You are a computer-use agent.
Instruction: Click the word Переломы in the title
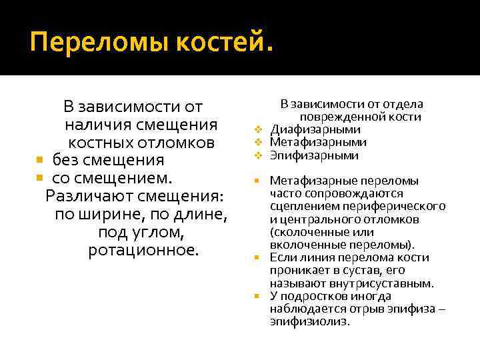tap(86, 45)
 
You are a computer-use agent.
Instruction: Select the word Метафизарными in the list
tap(318, 142)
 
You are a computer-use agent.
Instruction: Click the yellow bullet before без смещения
tap(39, 161)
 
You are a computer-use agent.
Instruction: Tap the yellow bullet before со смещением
tap(39, 179)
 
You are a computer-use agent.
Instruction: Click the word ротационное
tap(143, 251)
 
